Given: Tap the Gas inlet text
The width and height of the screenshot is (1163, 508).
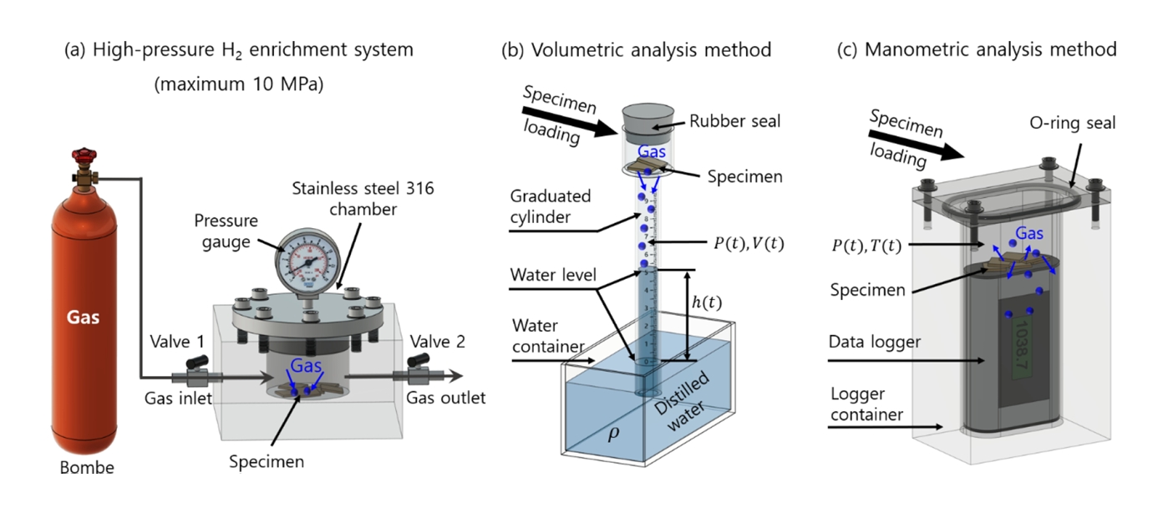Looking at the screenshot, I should pyautogui.click(x=177, y=398).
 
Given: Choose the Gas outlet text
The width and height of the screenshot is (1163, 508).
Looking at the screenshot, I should pyautogui.click(x=446, y=398).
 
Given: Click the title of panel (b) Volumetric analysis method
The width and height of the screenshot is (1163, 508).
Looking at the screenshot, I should pyautogui.click(x=636, y=50).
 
